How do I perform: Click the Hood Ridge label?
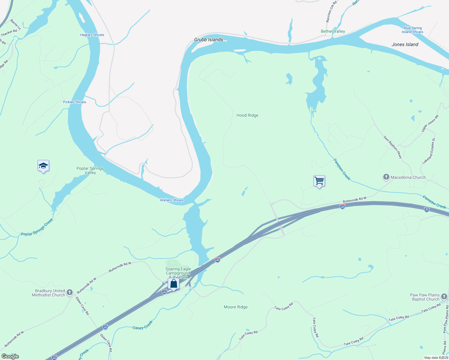pyautogui.click(x=247, y=115)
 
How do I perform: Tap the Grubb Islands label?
pyautogui.click(x=209, y=40)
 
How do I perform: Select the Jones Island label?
pyautogui.click(x=405, y=44)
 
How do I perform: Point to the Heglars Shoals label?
pyautogui.click(x=92, y=35)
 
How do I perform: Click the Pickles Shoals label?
pyautogui.click(x=74, y=102)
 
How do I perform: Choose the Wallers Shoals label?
pyautogui.click(x=172, y=200)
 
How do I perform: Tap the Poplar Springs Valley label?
pyautogui.click(x=90, y=170)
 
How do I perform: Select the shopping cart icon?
pyautogui.click(x=319, y=181)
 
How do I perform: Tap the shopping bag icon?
pyautogui.click(x=173, y=283)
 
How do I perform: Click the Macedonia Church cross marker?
pyautogui.click(x=386, y=177)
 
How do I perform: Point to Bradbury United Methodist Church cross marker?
pyautogui.click(x=70, y=292)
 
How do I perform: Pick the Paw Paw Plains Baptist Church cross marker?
pyautogui.click(x=444, y=297)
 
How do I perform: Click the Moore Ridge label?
pyautogui.click(x=236, y=307)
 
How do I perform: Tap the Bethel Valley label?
pyautogui.click(x=333, y=31)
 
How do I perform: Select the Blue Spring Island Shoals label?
pyautogui.click(x=412, y=30)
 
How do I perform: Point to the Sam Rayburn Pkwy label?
pyautogui.click(x=393, y=147)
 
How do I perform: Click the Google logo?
pyautogui.click(x=10, y=356)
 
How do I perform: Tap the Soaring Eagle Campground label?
pyautogui.click(x=178, y=271)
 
